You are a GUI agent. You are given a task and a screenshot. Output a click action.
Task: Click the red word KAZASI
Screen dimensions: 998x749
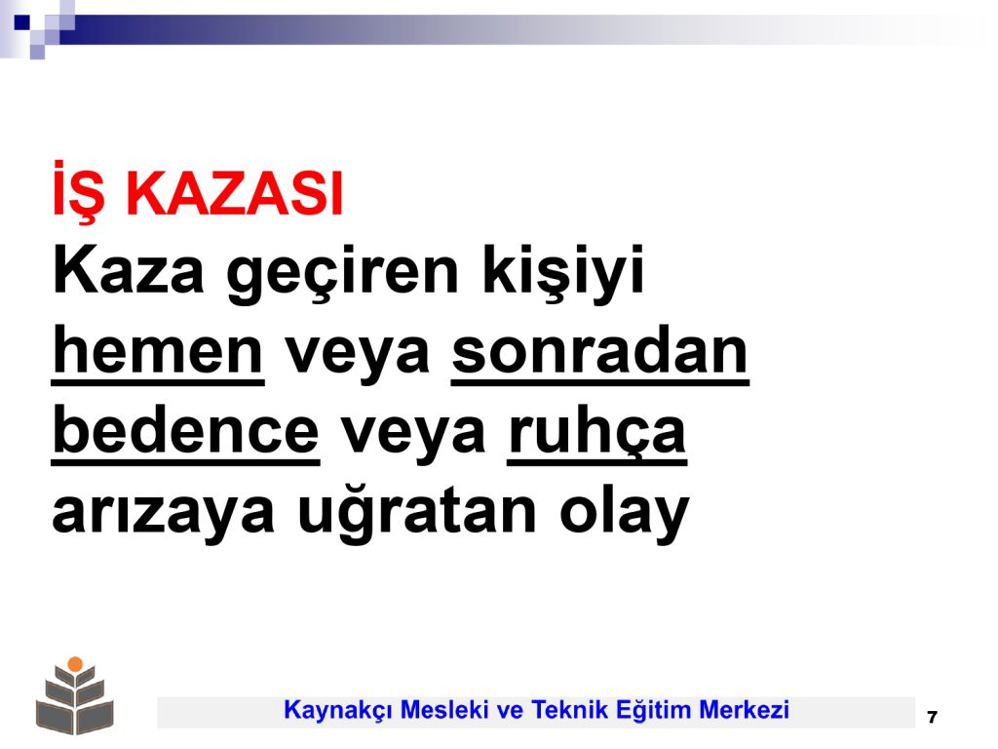pyautogui.click(x=235, y=194)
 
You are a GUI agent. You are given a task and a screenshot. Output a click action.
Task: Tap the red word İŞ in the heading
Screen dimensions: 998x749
pyautogui.click(x=78, y=191)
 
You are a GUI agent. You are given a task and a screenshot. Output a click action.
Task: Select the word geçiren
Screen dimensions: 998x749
pyautogui.click(x=342, y=274)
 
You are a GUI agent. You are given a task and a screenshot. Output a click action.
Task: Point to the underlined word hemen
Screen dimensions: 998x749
pyautogui.click(x=157, y=353)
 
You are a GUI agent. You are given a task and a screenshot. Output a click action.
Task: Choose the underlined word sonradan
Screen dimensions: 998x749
pyautogui.click(x=600, y=353)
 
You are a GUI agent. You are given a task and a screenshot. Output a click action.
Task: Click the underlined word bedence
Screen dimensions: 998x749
pyautogui.click(x=185, y=432)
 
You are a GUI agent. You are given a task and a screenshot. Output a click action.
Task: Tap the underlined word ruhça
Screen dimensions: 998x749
pyautogui.click(x=597, y=434)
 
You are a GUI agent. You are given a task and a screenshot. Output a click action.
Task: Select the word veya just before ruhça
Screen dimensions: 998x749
pyautogui.click(x=413, y=436)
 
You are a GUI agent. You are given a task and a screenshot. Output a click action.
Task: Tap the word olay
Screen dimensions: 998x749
pyautogui.click(x=625, y=512)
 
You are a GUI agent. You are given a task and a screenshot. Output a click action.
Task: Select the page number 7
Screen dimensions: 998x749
pyautogui.click(x=933, y=717)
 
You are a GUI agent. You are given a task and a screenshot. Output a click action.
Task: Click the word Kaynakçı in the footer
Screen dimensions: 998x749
pyautogui.click(x=336, y=711)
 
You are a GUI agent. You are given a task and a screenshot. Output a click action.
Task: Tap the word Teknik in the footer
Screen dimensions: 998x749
pyautogui.click(x=566, y=710)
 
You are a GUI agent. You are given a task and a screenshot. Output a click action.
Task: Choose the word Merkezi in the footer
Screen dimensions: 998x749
pyautogui.click(x=744, y=710)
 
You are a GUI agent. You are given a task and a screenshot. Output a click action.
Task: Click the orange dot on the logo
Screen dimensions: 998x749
pyautogui.click(x=75, y=663)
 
